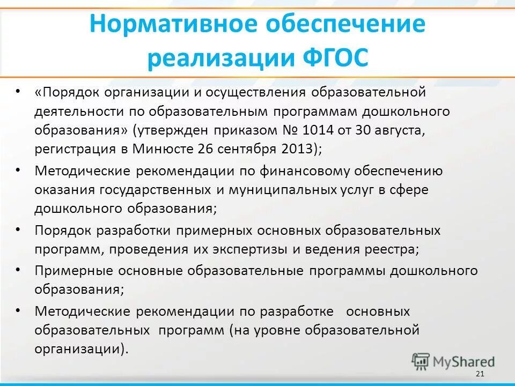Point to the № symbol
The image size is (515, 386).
(x=287, y=130)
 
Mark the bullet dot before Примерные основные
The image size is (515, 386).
(x=18, y=269)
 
